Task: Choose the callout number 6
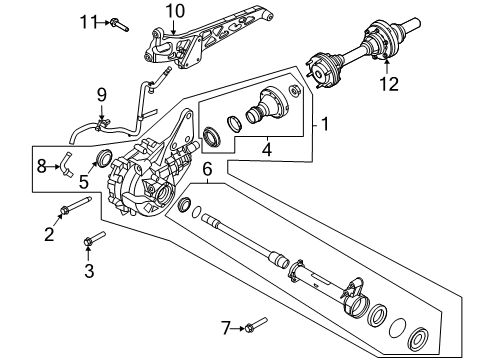208,171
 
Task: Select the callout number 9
100,95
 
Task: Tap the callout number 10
175,10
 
